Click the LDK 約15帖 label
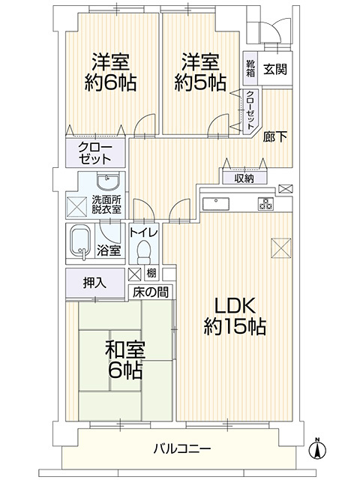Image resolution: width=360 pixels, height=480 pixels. [x=236, y=316]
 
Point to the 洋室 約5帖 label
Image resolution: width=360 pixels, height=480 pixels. [x=200, y=72]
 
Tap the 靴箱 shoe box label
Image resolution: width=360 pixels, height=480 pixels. [x=250, y=68]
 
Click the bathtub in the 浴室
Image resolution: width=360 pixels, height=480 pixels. [x=81, y=241]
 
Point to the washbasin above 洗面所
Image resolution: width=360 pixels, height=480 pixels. [x=106, y=182]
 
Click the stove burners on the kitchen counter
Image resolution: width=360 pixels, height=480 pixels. [x=265, y=202]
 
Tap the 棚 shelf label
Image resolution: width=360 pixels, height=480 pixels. [x=151, y=274]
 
